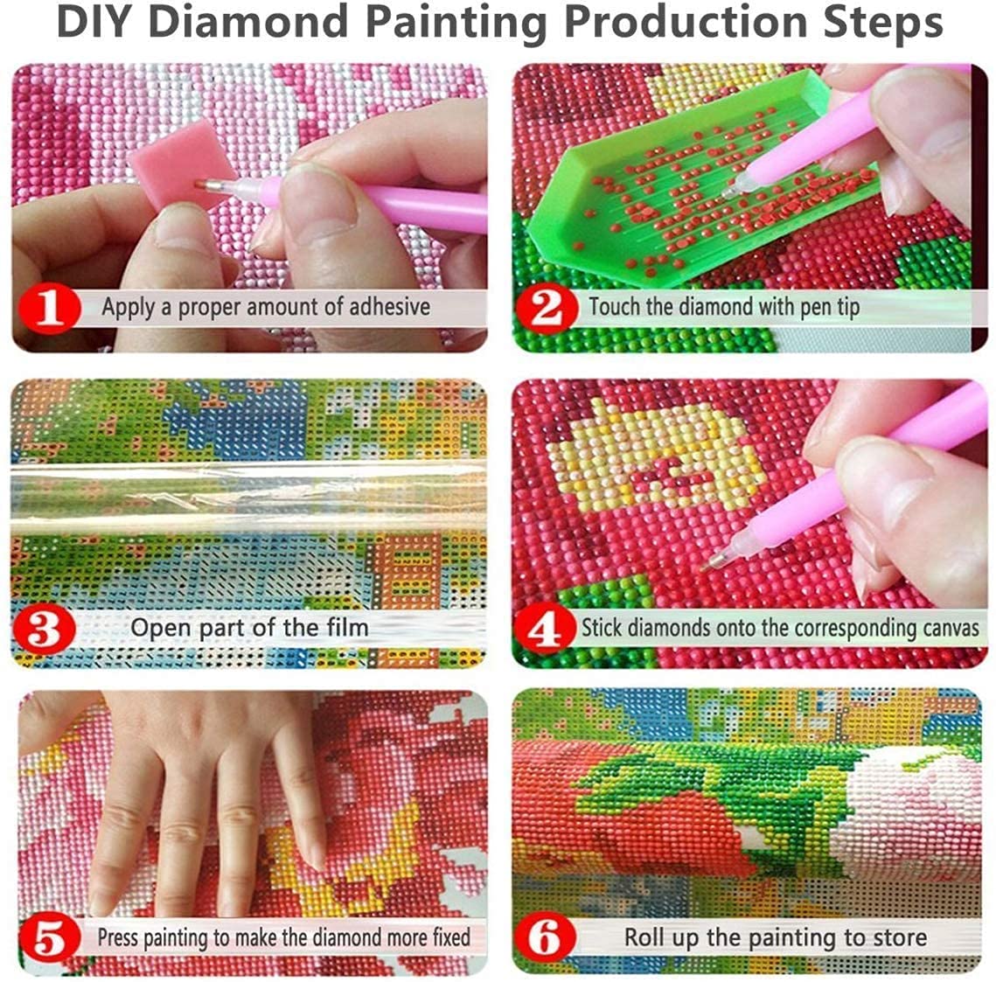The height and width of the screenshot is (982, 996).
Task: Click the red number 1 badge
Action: [x=50, y=309]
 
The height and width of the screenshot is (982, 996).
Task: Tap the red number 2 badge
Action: [x=547, y=309]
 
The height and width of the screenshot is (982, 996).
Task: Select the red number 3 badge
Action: [x=43, y=629]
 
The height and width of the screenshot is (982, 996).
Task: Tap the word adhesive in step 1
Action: [x=389, y=307]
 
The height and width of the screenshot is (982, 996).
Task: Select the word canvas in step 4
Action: [x=949, y=628]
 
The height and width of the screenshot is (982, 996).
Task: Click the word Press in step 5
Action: [x=118, y=937]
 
